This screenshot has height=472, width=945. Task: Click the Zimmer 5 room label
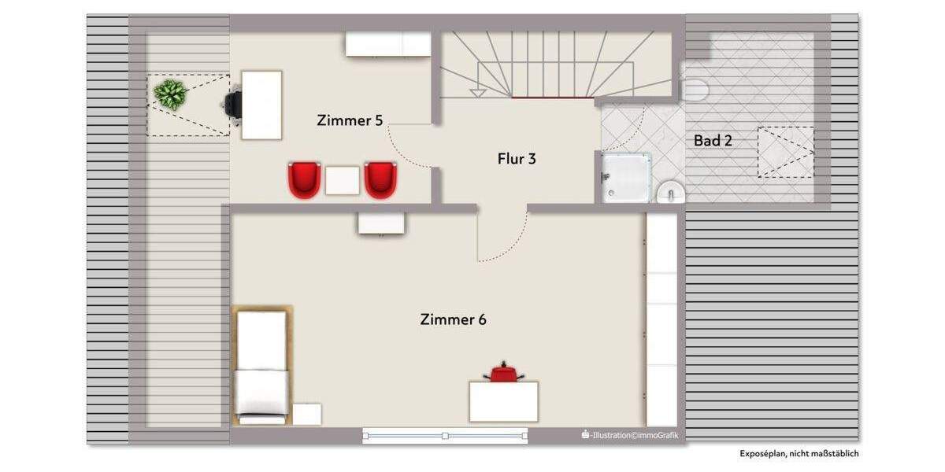(x=350, y=120)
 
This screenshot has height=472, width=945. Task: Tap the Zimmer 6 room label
(x=453, y=319)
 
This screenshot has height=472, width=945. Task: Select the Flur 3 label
(x=517, y=159)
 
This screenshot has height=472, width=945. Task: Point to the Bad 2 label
(x=713, y=141)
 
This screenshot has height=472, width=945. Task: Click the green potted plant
(x=170, y=94)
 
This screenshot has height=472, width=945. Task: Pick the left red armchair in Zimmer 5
(x=305, y=179)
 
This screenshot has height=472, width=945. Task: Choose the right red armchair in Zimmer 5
(x=380, y=179)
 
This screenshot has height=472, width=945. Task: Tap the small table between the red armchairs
(x=343, y=181)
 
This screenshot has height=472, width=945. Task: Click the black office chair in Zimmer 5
(x=233, y=105)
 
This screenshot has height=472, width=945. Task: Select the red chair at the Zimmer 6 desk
(x=504, y=373)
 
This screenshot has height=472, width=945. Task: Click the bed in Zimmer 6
(x=262, y=364)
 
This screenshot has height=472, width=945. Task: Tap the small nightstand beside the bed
(x=306, y=414)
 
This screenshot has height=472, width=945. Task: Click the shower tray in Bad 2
(x=627, y=177)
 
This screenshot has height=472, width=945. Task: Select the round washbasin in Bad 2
(x=670, y=191)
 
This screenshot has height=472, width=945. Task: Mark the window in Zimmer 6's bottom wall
(x=445, y=435)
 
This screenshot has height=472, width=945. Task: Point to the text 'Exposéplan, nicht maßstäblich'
(x=799, y=454)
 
